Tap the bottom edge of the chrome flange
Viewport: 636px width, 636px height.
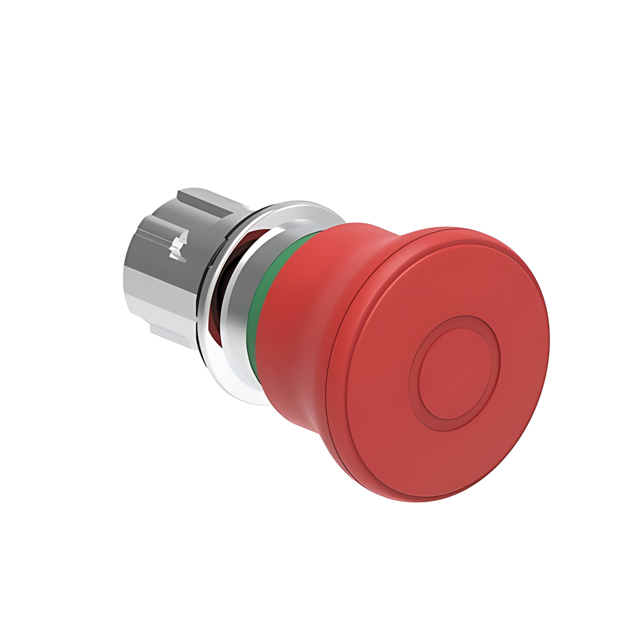(x=249, y=400)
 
